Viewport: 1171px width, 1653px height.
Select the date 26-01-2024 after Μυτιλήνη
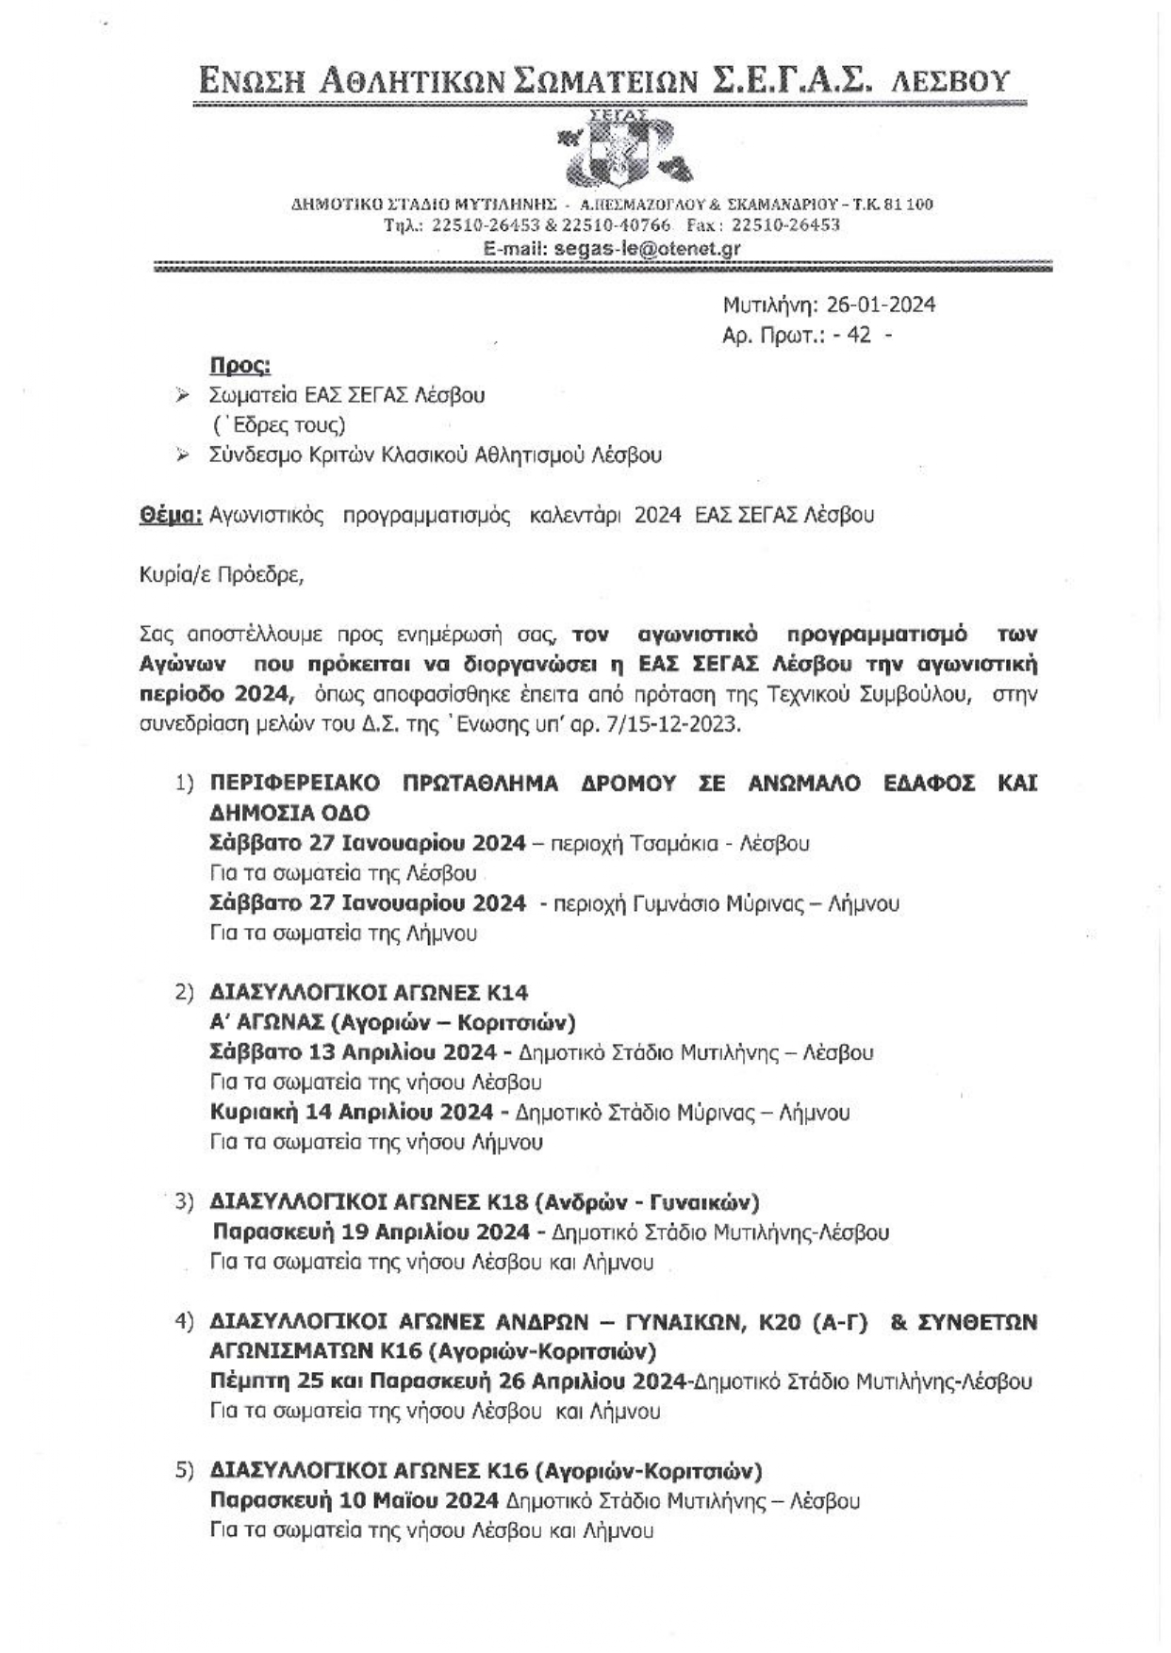click(x=881, y=304)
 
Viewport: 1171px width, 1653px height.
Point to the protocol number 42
click(x=859, y=334)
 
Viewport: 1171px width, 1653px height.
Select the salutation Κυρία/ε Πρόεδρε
click(x=222, y=574)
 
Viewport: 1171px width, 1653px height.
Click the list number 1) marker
click(x=184, y=783)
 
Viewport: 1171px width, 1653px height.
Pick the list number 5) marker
click(x=184, y=1470)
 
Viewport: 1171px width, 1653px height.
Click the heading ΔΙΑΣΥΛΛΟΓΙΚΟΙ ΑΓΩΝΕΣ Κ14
click(x=369, y=992)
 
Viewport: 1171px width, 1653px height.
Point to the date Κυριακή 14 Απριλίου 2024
click(x=352, y=1112)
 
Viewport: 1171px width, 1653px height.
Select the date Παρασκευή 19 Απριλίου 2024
click(x=371, y=1231)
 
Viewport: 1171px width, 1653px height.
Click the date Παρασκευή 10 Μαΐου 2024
click(x=355, y=1500)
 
